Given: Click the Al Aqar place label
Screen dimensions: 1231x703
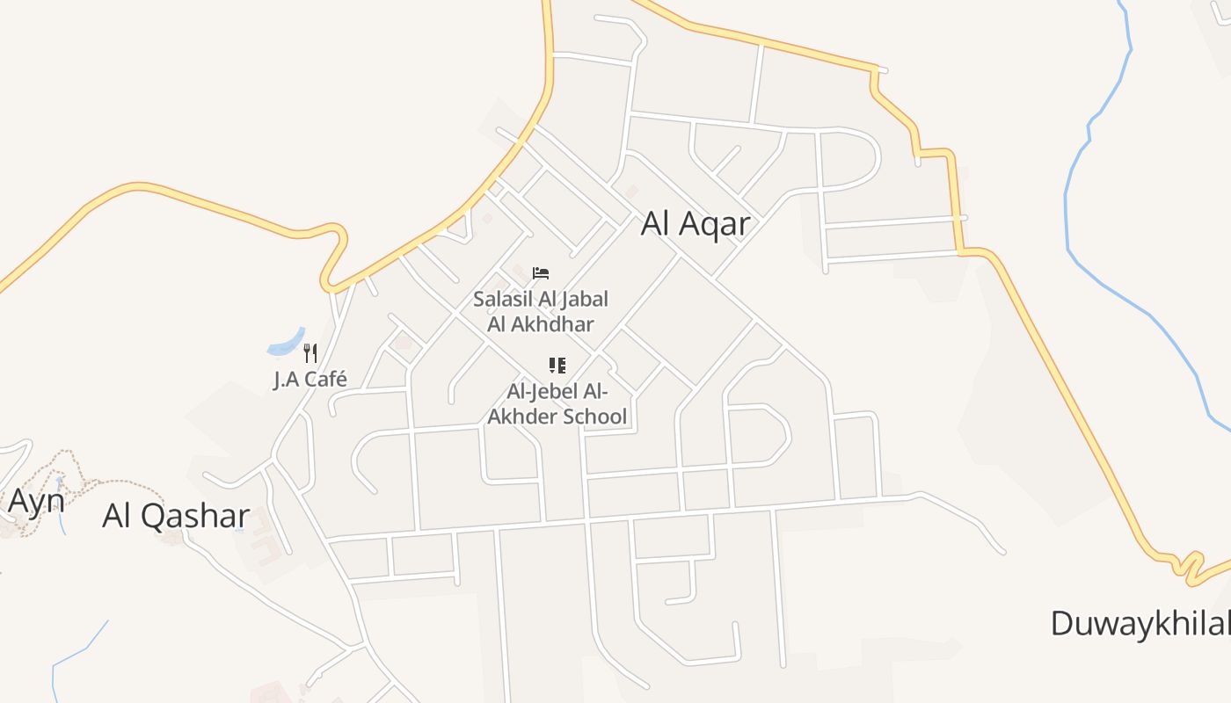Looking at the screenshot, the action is coord(695,224).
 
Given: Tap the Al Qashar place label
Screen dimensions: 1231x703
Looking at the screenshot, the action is coord(176,516).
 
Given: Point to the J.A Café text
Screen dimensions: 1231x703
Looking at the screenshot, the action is coord(310,380).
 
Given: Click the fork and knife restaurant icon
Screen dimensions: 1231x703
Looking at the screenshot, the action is coord(310,353).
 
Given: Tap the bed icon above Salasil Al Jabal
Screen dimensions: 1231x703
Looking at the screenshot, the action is coord(541,273).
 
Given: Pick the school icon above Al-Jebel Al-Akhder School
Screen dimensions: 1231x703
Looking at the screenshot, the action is coord(557,365).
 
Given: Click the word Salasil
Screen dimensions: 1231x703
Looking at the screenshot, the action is coord(500,300).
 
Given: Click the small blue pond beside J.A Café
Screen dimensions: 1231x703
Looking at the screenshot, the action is coord(287,345).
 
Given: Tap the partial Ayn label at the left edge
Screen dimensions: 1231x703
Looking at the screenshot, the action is coord(35,502).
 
